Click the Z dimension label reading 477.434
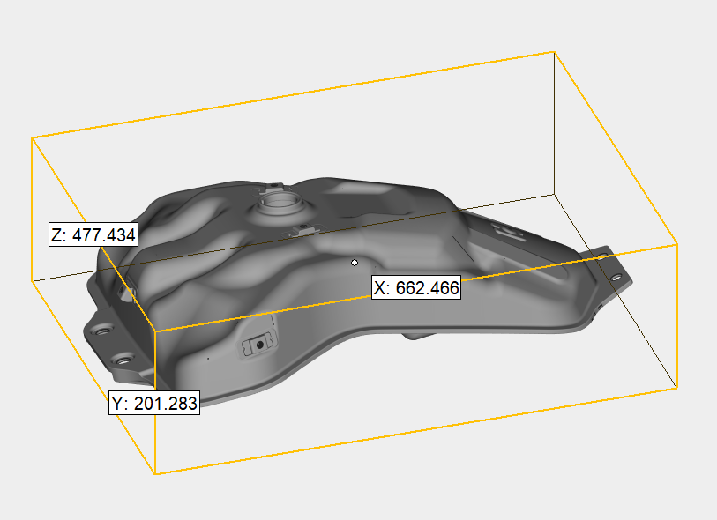click(x=93, y=234)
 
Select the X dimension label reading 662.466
click(x=416, y=288)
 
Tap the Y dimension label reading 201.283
click(x=154, y=403)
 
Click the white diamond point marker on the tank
click(x=355, y=263)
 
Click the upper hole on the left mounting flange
click(x=102, y=331)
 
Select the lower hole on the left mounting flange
click(x=123, y=361)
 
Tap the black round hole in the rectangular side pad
click(x=260, y=345)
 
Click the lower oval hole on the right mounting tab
click(x=616, y=277)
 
